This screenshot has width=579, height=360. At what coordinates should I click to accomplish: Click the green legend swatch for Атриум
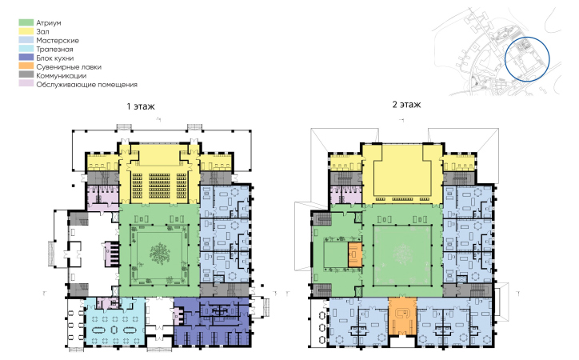(26, 23)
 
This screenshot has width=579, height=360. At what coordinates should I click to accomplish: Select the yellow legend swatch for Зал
(26, 32)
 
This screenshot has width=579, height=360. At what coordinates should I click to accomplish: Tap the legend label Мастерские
(58, 41)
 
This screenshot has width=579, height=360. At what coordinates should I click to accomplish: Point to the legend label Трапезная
(54, 50)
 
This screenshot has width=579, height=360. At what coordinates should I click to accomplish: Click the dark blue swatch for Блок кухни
(26, 58)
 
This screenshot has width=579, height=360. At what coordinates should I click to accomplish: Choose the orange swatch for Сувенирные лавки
(26, 67)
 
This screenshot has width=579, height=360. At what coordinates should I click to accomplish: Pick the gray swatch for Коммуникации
(26, 76)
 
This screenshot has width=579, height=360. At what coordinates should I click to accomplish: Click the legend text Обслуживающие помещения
(87, 85)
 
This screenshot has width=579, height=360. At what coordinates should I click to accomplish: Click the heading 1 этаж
(141, 106)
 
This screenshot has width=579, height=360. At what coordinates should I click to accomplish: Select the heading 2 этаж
(406, 105)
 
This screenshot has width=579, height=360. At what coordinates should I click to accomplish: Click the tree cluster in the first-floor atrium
(160, 254)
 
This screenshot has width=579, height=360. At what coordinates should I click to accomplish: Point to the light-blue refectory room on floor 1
(114, 322)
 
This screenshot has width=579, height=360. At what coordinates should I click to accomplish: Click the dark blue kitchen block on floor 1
(212, 322)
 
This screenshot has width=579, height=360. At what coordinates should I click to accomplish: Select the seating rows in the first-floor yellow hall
(159, 186)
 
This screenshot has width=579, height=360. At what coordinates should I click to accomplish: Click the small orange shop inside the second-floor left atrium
(355, 254)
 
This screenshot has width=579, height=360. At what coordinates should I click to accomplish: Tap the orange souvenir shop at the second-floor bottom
(402, 317)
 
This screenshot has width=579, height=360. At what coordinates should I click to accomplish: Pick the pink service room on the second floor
(345, 194)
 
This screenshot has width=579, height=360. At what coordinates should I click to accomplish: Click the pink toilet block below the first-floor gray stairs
(102, 195)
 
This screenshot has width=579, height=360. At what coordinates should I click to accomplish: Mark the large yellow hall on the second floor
(402, 174)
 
